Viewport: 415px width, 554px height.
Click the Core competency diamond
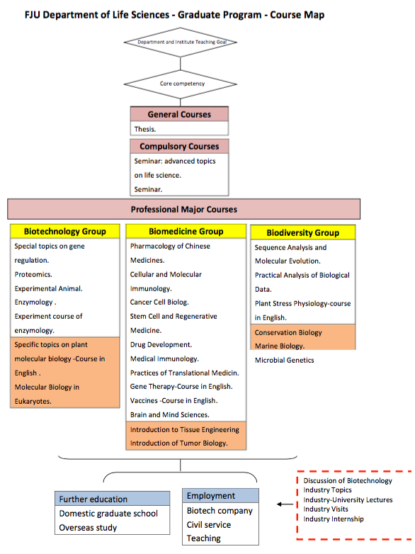pos(180,84)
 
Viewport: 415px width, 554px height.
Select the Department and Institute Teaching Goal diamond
pos(180,42)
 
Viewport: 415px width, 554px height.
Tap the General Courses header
pos(179,114)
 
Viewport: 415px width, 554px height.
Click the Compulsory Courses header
pos(179,146)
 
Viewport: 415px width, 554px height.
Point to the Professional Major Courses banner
pos(184,209)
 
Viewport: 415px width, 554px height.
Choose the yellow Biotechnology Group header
pos(65,232)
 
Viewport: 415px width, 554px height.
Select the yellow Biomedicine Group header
pos(186,232)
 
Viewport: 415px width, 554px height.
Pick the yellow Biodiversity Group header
pos(302,233)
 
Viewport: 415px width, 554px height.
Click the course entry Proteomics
pos(33,275)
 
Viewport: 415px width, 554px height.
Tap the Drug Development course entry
pos(161,344)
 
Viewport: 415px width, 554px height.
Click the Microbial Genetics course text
pos(284,360)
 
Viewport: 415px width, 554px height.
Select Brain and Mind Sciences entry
pos(169,415)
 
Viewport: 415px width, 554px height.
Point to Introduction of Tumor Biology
pos(178,443)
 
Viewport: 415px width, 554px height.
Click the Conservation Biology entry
pos(288,332)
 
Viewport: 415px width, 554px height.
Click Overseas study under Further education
pos(88,528)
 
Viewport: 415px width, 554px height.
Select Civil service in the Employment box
pos(209,525)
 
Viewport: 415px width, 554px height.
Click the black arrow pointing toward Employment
pos(285,504)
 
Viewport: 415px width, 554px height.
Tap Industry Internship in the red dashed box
pos(334,519)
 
